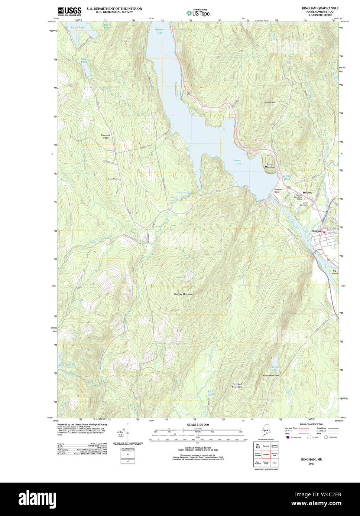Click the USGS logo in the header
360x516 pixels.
(x=69, y=11)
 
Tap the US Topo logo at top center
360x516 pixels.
(x=198, y=13)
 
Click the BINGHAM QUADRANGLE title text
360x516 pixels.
(x=315, y=8)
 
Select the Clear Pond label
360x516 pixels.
(x=84, y=60)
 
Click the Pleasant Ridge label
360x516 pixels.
(x=106, y=136)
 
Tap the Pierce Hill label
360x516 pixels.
(x=270, y=102)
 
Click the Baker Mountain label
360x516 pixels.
(x=270, y=166)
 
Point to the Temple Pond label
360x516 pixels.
(x=287, y=177)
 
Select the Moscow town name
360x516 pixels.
(x=307, y=193)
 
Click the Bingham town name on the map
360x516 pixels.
(x=316, y=231)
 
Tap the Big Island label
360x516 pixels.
(x=334, y=272)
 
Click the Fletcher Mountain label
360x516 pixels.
(x=183, y=294)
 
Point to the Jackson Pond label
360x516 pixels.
(x=275, y=368)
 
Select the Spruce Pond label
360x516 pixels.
(x=66, y=365)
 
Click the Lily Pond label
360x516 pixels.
(x=211, y=392)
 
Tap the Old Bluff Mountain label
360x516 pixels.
(x=237, y=385)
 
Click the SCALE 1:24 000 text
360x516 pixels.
(x=198, y=425)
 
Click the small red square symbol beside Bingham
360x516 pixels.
(x=324, y=232)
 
